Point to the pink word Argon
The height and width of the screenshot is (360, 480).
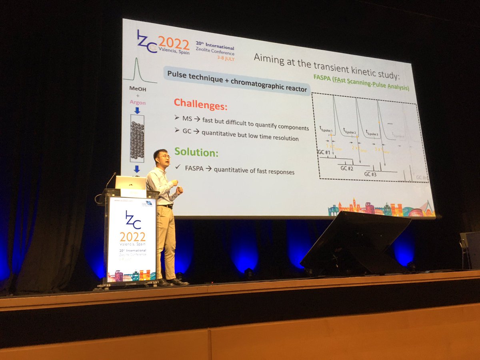pos(138,102)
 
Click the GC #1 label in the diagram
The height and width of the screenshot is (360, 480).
pos(324,152)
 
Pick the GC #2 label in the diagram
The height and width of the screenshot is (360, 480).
pos(347,168)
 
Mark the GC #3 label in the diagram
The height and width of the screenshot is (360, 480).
pos(370,174)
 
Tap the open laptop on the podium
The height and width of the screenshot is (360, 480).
pos(130,183)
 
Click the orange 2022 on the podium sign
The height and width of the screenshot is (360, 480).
pos(132,236)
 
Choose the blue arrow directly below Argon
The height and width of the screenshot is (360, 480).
pos(137,110)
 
